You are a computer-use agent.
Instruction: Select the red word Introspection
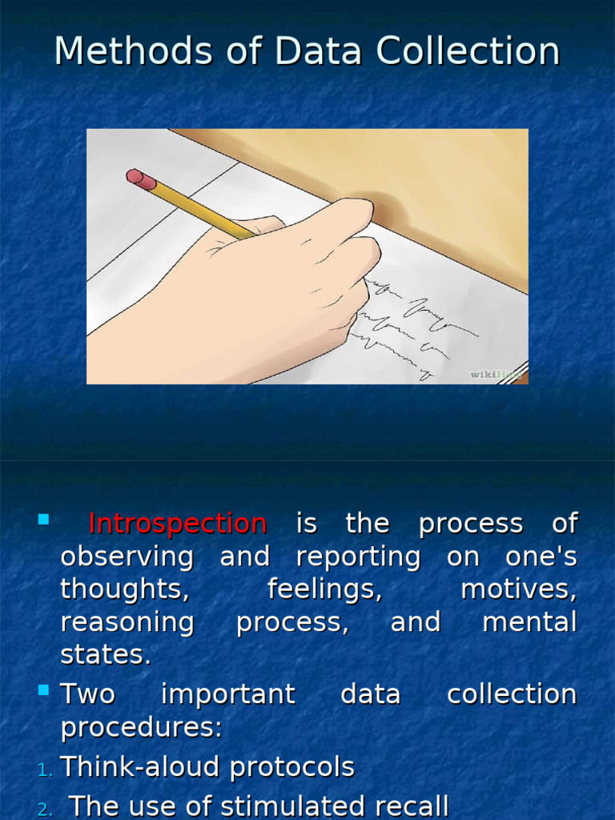[x=177, y=524]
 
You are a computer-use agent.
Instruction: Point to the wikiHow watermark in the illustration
[x=497, y=373]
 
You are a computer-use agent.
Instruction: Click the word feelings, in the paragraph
[x=324, y=589]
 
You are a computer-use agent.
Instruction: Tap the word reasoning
[x=127, y=623]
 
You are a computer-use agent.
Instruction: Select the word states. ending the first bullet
[x=106, y=655]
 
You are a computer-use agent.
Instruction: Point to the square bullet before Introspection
[x=43, y=520]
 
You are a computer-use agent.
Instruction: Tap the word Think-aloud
[x=140, y=767]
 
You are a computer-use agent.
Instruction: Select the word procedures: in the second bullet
[x=141, y=727]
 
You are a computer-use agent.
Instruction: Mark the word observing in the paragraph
[x=127, y=557]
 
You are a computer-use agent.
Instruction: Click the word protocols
[x=291, y=767]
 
